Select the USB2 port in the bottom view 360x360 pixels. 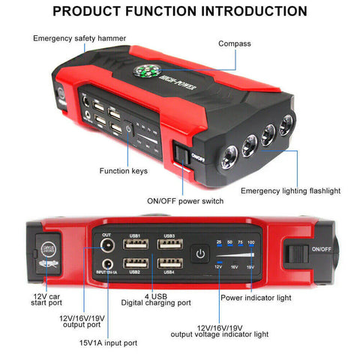click(135, 263)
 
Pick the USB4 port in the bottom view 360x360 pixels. click(167, 263)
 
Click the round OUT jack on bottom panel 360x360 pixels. click(106, 245)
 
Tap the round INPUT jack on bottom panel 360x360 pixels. click(106, 263)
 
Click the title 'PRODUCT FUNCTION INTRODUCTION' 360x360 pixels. click(180, 11)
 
